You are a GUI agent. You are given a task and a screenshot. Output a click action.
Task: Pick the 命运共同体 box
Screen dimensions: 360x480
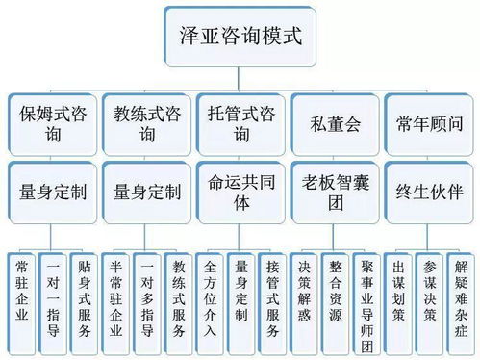pos(240,193)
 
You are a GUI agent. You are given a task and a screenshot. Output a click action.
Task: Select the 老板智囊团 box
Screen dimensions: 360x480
pos(334,193)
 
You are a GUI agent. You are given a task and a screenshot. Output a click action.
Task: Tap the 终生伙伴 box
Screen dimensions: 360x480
pos(429,193)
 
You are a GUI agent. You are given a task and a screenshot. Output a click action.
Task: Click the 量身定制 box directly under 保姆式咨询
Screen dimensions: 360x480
pos(53,193)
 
